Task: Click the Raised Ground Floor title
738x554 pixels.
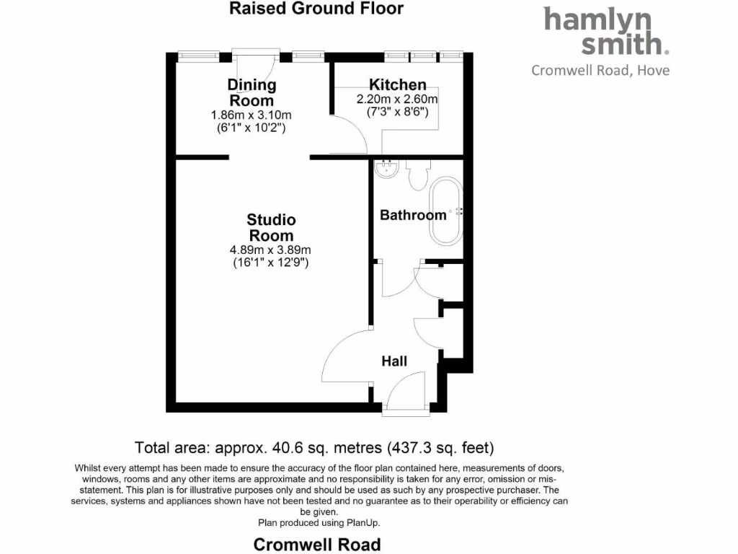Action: (x=316, y=9)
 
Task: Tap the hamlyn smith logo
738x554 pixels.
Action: (x=605, y=31)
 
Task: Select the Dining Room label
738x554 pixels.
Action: (x=252, y=92)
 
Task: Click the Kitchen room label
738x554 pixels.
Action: (x=397, y=85)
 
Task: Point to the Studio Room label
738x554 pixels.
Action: (x=271, y=227)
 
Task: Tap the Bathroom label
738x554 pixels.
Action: (x=413, y=215)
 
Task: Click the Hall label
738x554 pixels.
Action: (x=394, y=361)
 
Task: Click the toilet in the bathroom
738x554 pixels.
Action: (x=418, y=175)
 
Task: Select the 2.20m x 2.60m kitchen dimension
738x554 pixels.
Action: (x=397, y=100)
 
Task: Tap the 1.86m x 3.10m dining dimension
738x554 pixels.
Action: (x=251, y=115)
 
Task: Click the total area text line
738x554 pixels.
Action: (x=315, y=447)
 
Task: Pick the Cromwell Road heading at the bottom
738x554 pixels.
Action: (x=316, y=544)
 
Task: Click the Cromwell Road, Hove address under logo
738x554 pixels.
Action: (x=600, y=70)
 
